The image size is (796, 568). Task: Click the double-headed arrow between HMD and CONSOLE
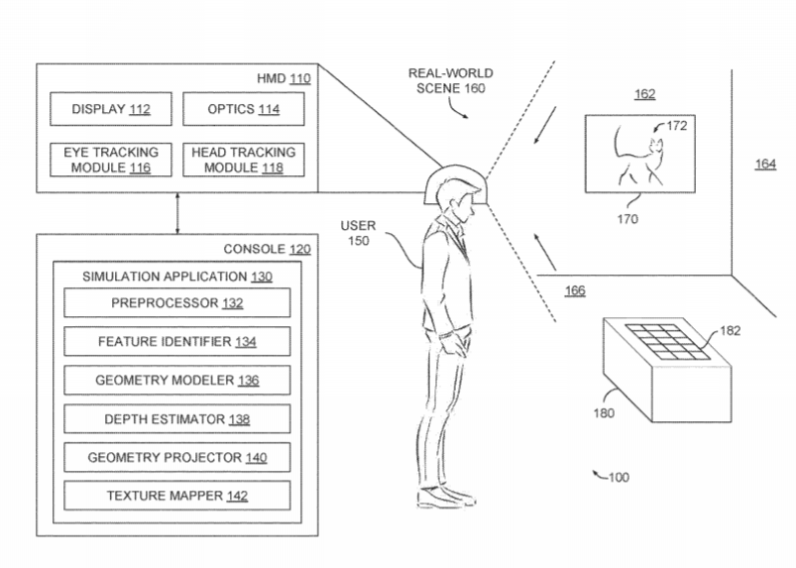pyautogui.click(x=177, y=213)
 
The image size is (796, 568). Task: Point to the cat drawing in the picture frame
pyautogui.click(x=639, y=156)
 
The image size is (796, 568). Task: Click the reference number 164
pyautogui.click(x=765, y=164)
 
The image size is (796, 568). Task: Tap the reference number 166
pyautogui.click(x=575, y=290)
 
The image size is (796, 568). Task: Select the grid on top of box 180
pyautogui.click(x=667, y=342)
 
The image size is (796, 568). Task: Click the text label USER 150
pyautogui.click(x=359, y=233)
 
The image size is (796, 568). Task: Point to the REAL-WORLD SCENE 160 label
pyautogui.click(x=451, y=80)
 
